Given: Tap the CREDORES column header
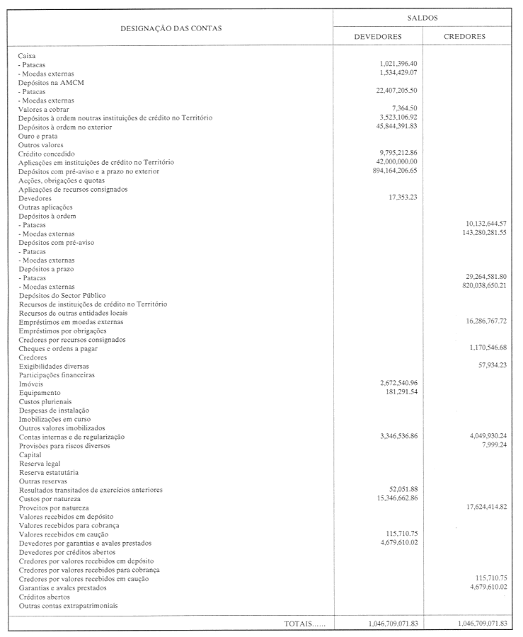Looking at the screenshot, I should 464,37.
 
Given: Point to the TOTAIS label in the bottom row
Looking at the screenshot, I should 305,624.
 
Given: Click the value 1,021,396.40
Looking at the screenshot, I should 398,64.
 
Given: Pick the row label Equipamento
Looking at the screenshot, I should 40,392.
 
